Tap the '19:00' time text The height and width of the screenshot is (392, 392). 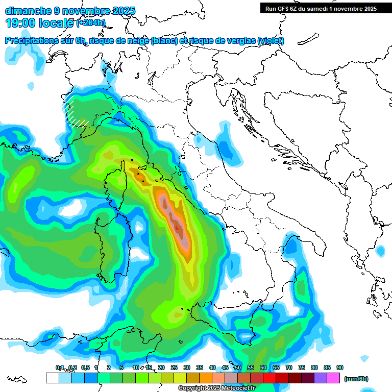(x=21, y=22)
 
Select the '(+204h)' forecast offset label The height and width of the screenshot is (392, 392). (x=91, y=22)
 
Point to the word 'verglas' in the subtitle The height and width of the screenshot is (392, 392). (x=240, y=41)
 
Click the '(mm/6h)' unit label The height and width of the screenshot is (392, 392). (x=356, y=379)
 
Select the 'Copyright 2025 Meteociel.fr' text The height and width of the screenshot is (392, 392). (x=216, y=388)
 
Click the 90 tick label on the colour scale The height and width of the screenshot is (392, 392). (x=340, y=367)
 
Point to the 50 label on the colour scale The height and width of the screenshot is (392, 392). (x=238, y=367)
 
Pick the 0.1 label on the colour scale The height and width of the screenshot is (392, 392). (x=59, y=367)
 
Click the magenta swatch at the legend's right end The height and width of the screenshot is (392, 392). (x=333, y=378)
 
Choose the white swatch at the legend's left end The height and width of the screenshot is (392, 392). (x=52, y=378)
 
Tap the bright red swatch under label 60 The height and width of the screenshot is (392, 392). (x=269, y=378)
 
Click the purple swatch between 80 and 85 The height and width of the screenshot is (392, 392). (x=321, y=378)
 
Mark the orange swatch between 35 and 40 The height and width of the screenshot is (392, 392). (x=206, y=378)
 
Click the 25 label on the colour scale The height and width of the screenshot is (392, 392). (x=174, y=367)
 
